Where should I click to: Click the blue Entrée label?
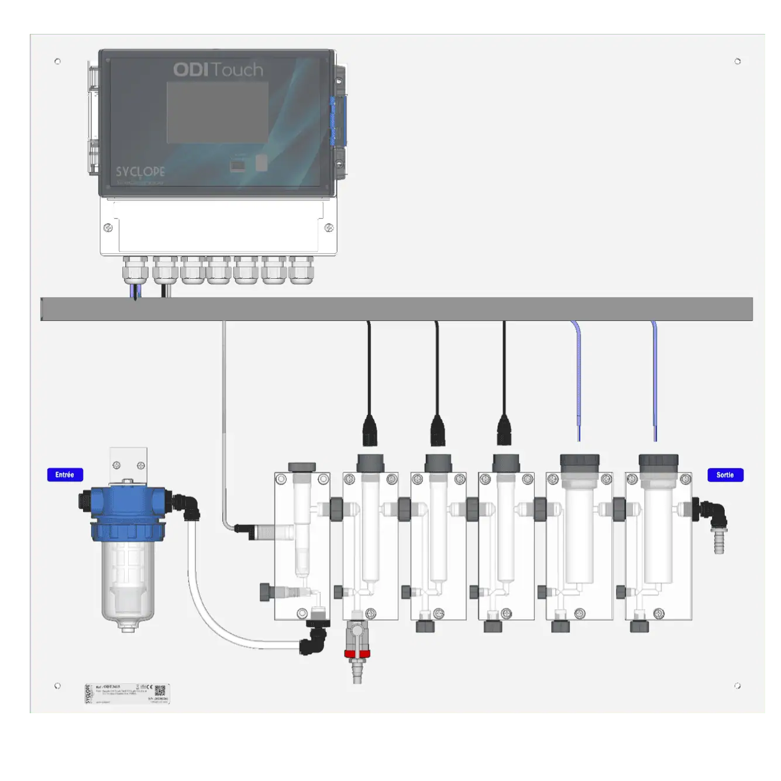[x=65, y=475]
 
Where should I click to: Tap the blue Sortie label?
[x=725, y=475]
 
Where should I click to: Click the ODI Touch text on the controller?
[x=218, y=70]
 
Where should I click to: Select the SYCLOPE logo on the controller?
[x=140, y=172]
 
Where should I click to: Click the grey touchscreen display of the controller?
[x=218, y=112]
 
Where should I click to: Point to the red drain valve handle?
[x=357, y=654]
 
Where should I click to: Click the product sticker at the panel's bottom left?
[x=127, y=693]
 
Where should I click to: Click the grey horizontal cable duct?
[x=397, y=309]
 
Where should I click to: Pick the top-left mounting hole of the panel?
[x=57, y=61]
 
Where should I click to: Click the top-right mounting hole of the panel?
[x=737, y=61]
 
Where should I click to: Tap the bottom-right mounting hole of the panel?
[x=737, y=686]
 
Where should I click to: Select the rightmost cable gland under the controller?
[x=301, y=271]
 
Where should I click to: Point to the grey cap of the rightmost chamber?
[x=658, y=462]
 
